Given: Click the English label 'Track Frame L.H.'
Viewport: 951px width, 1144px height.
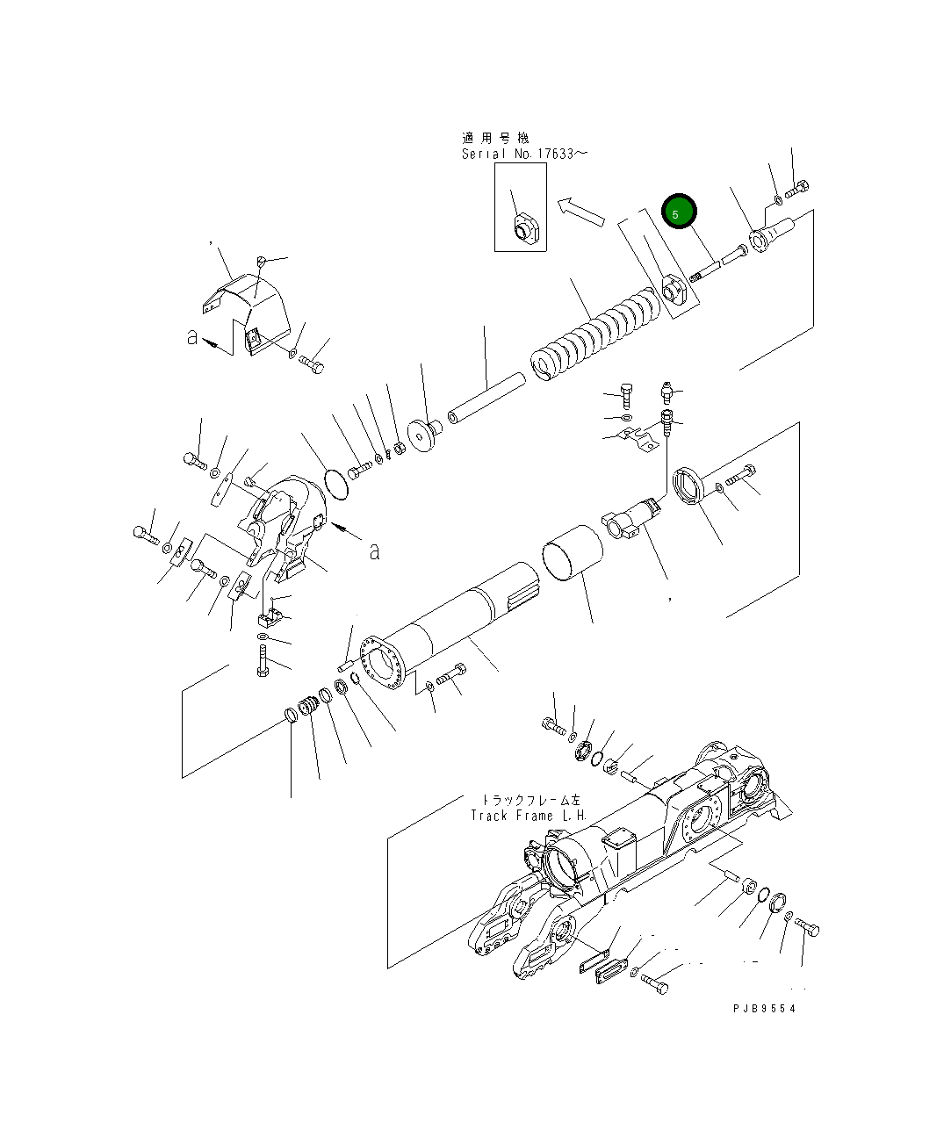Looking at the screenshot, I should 528,816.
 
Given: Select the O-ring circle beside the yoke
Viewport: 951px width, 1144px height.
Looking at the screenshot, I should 335,485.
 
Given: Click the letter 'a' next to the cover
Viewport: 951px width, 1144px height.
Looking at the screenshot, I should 191,337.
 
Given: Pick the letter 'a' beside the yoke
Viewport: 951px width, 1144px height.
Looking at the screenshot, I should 375,551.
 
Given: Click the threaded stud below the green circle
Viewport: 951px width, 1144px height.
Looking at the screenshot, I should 708,270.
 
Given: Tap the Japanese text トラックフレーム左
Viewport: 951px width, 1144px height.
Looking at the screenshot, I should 531,800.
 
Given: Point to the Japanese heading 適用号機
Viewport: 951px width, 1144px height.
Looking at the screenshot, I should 495,138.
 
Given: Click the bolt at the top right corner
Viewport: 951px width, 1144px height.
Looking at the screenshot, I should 798,187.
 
